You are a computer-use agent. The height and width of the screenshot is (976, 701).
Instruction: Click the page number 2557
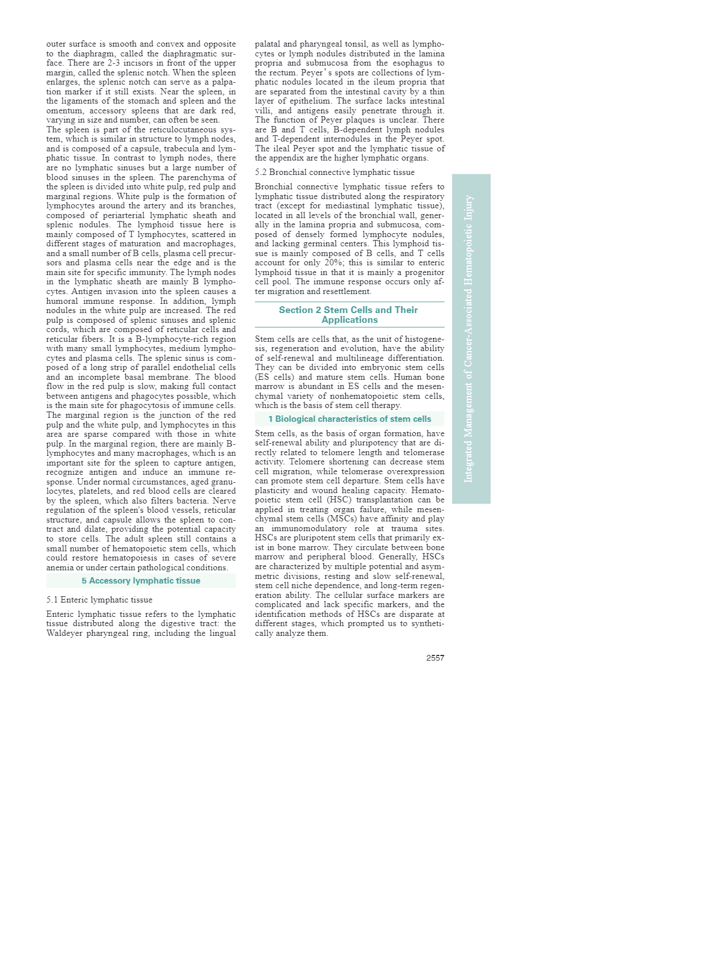click(x=435, y=658)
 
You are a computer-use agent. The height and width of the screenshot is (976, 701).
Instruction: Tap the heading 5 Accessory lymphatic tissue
click(x=141, y=581)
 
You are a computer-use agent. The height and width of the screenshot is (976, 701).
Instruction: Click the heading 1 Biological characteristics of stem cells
click(x=349, y=419)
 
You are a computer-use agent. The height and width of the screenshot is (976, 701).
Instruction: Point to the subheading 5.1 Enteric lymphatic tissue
click(x=99, y=600)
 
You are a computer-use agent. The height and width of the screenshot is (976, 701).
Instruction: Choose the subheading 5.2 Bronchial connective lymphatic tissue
click(x=334, y=172)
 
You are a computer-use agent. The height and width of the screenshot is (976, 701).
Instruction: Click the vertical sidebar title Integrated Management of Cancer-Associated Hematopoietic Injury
click(x=469, y=338)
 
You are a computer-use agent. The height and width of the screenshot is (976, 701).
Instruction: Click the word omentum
click(x=63, y=110)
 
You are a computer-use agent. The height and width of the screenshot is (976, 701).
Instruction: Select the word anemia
click(x=60, y=567)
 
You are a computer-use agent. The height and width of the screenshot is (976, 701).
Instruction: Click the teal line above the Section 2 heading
click(x=349, y=302)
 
